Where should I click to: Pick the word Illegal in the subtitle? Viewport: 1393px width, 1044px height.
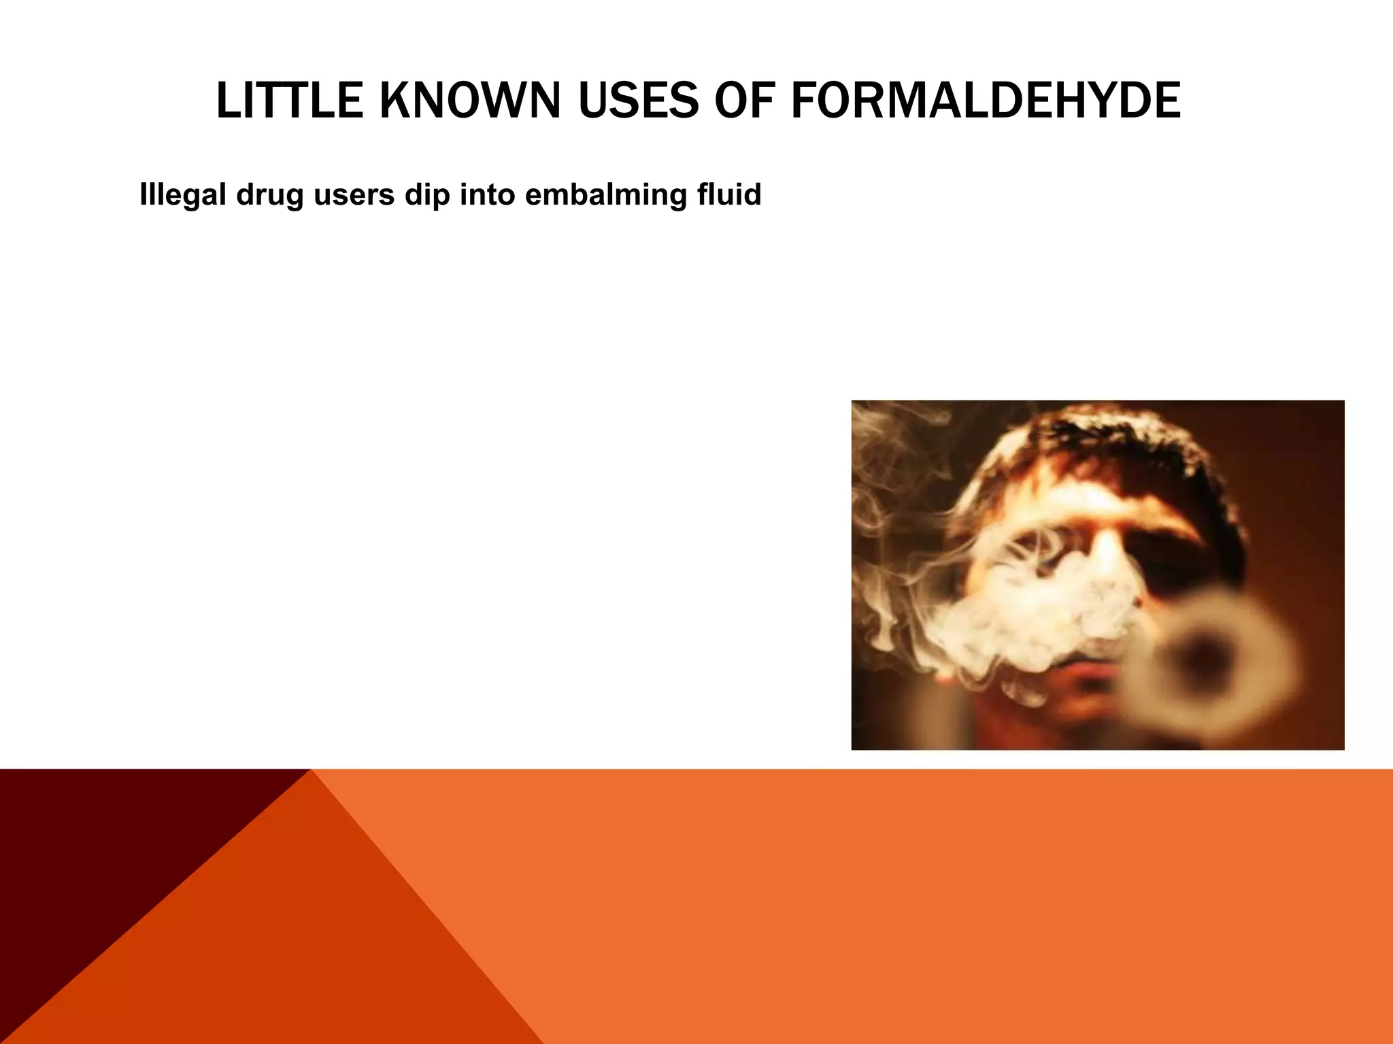click(182, 195)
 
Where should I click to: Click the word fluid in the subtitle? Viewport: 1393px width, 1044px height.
click(728, 195)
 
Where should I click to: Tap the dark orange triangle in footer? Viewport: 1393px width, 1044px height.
click(286, 952)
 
